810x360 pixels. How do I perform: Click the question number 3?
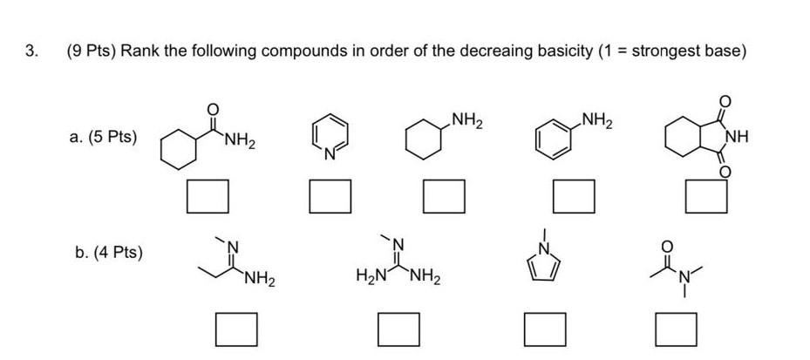(x=31, y=51)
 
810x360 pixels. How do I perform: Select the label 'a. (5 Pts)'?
(x=103, y=138)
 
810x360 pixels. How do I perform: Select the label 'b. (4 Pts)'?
(x=108, y=253)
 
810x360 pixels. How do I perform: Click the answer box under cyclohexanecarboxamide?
(x=208, y=195)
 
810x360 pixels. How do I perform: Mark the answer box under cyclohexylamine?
(x=444, y=195)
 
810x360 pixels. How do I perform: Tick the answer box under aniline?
(x=574, y=195)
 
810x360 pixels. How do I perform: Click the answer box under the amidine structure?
(x=236, y=330)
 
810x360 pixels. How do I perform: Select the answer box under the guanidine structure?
(x=400, y=330)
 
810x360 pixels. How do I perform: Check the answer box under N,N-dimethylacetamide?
(x=676, y=330)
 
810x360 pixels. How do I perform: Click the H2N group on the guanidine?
(x=370, y=278)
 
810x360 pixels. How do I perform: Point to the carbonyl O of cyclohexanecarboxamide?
(x=210, y=107)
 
